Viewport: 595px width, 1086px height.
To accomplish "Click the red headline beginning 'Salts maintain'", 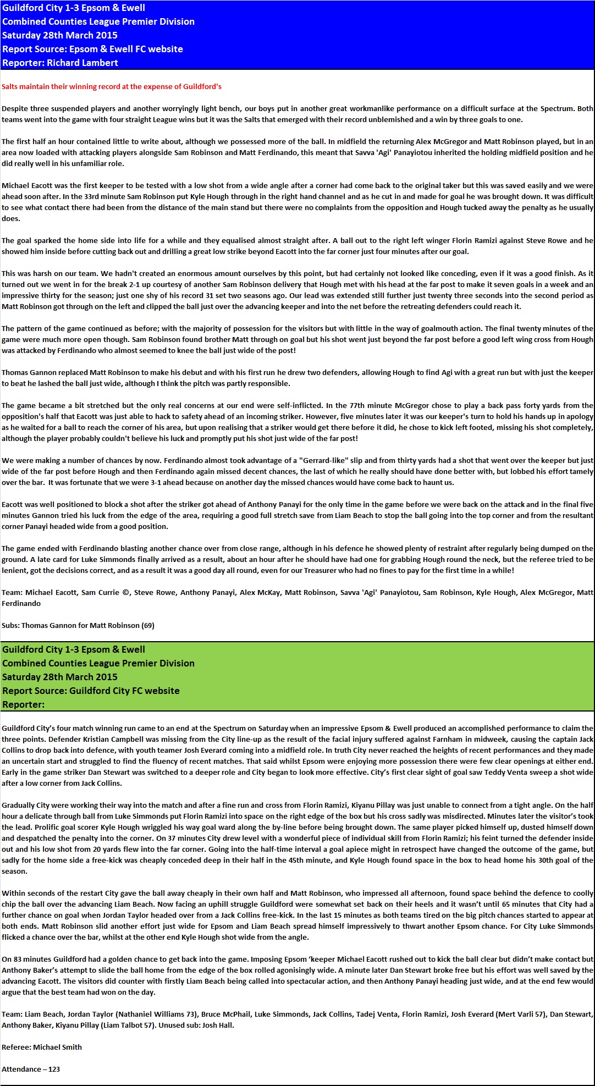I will click(x=112, y=86).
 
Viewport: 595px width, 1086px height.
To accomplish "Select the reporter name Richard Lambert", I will click(x=82, y=63).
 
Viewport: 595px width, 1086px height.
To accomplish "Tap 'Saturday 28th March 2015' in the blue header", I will click(x=60, y=35).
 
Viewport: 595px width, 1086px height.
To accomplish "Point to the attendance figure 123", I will click(x=54, y=1069).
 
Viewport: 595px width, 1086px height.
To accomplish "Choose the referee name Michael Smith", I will click(x=57, y=1047).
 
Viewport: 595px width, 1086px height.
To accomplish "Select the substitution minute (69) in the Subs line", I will click(x=148, y=625).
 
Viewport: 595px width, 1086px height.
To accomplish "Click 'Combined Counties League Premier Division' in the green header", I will click(x=98, y=663).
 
